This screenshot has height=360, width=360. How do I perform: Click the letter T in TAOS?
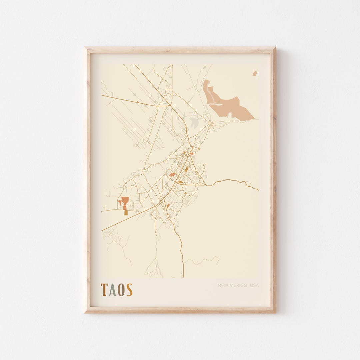click(x=104, y=290)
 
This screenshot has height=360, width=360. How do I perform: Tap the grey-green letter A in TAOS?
click(x=112, y=290)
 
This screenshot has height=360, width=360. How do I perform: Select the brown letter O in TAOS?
click(x=121, y=290)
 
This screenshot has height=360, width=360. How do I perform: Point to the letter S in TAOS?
click(x=129, y=290)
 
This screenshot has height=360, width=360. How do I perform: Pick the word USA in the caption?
click(x=254, y=285)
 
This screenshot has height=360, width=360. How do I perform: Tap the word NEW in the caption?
click(x=223, y=285)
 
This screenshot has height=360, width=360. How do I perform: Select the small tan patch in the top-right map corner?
click(x=255, y=73)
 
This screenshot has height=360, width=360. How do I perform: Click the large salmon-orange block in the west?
click(x=125, y=201)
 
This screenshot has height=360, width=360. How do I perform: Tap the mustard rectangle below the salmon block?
click(x=126, y=213)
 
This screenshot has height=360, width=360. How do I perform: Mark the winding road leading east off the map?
click(x=233, y=181)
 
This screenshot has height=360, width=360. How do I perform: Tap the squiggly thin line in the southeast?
click(x=203, y=260)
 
